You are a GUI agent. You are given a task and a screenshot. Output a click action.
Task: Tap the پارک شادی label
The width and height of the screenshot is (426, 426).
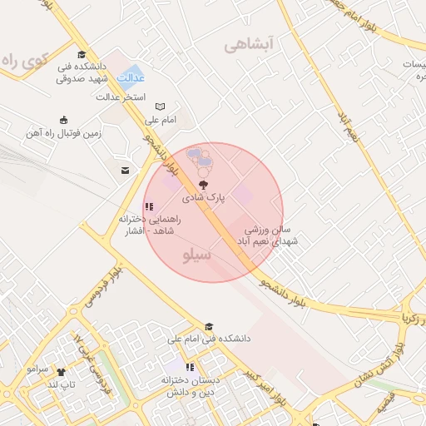204,198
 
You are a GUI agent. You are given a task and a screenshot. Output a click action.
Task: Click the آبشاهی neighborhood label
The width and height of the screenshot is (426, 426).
248,45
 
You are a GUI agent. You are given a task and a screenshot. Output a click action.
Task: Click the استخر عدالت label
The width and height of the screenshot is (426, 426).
121,97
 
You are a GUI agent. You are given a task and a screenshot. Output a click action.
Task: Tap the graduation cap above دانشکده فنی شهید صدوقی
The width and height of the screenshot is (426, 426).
82,55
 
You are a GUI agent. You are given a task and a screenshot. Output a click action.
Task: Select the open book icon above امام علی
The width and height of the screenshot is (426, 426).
161,106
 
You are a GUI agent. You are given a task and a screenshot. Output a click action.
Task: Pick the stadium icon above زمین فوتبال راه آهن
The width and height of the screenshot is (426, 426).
64,120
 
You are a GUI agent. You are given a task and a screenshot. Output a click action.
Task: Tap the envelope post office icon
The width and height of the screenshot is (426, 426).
125,171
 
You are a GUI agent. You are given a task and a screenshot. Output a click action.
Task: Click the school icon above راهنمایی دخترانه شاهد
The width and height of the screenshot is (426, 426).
148,206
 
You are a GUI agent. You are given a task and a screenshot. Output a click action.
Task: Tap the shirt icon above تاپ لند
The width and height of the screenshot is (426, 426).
60,372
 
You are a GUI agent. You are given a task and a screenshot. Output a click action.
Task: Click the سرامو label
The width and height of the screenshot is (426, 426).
38,367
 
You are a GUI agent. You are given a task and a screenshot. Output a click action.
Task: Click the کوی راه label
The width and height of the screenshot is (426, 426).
26,61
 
